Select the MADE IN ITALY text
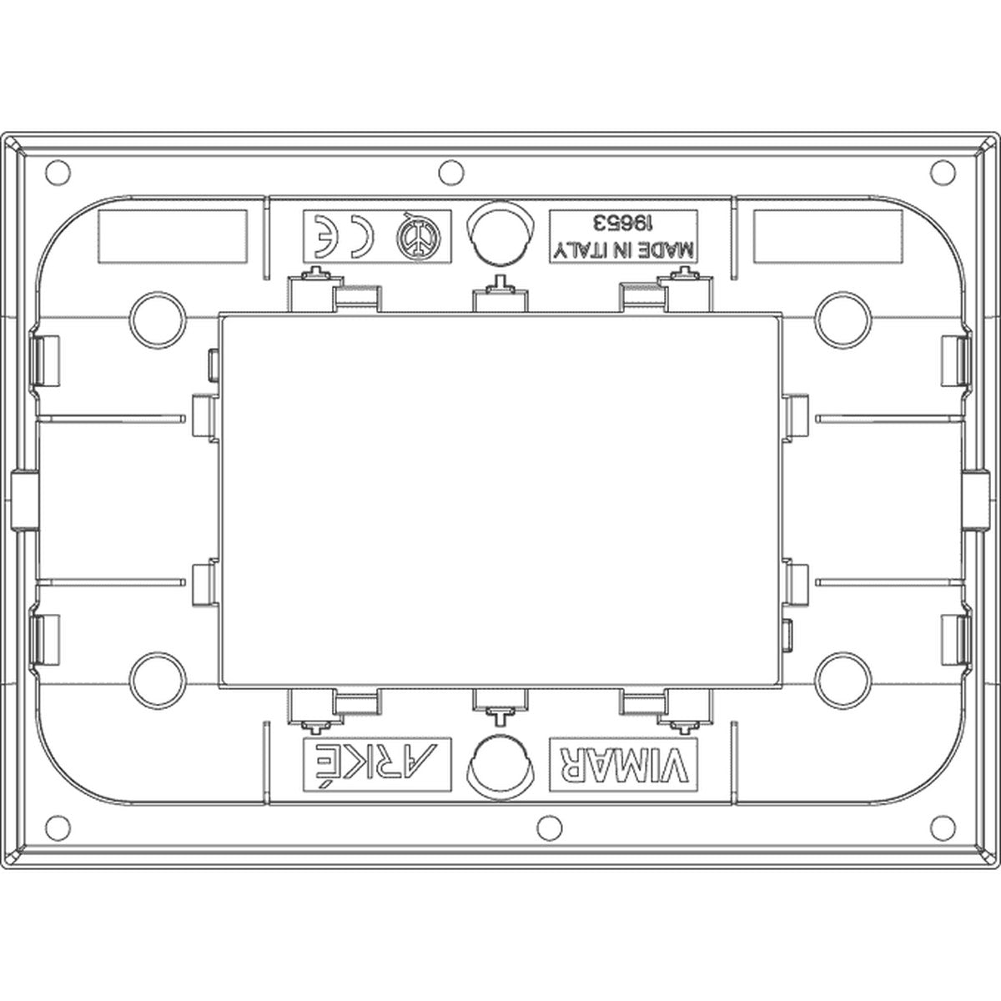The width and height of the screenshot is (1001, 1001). pos(623,251)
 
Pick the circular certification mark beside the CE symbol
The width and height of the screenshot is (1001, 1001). pos(418,237)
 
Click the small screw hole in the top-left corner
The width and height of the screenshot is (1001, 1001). pos(58,173)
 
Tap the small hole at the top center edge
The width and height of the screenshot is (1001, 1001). pos(451,172)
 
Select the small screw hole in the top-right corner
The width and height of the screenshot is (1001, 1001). pos(943,173)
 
